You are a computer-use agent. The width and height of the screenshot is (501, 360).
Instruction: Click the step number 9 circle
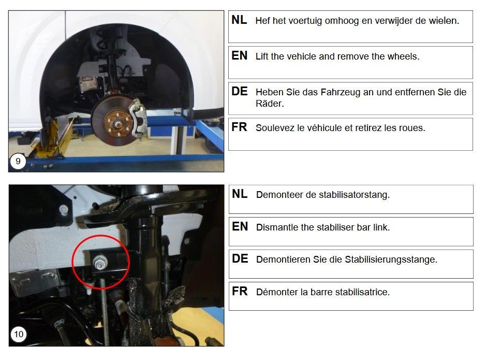pos(18,161)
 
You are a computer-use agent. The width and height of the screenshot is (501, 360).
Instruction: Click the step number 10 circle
pos(19,335)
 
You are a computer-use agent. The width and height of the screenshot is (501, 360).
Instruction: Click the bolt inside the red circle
pos(100,264)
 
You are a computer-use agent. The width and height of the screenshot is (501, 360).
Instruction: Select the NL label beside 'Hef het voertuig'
pos(239,20)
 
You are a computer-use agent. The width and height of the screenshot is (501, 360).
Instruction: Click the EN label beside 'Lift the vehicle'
pos(239,55)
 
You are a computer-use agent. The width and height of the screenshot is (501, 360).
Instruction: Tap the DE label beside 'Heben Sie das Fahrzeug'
pos(240,92)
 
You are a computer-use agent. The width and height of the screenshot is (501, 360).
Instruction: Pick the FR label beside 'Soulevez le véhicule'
pos(239,127)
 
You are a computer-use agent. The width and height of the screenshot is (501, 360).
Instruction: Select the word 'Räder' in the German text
pos(270,104)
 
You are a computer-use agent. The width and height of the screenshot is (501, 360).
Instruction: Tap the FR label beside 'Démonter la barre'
pos(240,291)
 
